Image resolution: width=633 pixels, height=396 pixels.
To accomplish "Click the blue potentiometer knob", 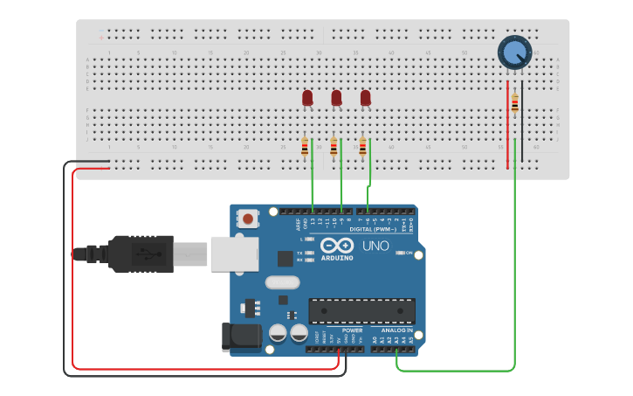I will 514,52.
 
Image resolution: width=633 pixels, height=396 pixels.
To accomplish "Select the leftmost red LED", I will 307,98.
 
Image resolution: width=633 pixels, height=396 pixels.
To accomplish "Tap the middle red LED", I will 336,98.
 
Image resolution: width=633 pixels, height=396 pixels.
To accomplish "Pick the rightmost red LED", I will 365,98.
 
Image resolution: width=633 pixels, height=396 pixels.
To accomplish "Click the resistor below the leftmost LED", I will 305,148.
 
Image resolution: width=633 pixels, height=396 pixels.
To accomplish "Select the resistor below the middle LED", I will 334,148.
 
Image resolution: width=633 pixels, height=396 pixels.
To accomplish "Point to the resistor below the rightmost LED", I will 362,148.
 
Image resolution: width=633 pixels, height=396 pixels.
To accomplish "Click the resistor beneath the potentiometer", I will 514,104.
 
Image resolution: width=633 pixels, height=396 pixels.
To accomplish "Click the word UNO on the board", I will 375,246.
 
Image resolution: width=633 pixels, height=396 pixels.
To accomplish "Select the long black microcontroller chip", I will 361,311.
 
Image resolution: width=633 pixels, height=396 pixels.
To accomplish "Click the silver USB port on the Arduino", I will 235,254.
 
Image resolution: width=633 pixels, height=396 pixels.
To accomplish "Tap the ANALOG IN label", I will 397,330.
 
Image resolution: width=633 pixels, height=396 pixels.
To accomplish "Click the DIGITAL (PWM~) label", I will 372,229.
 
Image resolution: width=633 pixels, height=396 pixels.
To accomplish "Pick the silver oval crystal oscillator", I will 282,283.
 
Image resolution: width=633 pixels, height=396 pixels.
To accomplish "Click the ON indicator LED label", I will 408,253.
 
